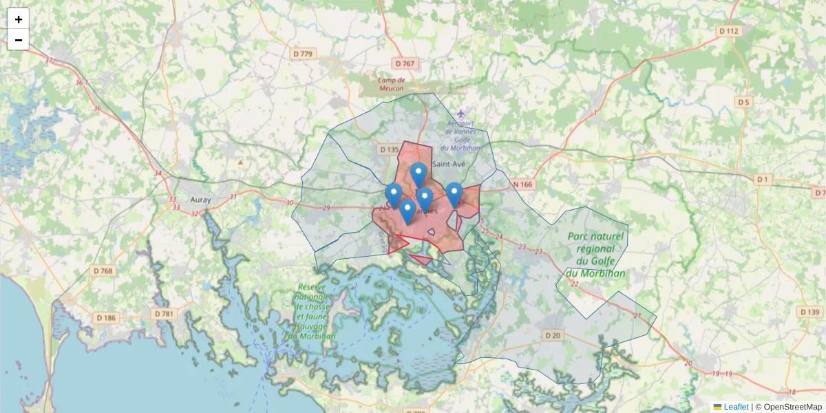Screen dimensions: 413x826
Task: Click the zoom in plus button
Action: click(x=19, y=19)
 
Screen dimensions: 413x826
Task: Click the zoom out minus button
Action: click(x=19, y=40)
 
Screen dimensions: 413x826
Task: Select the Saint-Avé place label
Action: click(x=451, y=163)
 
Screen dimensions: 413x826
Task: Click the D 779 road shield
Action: click(x=302, y=54)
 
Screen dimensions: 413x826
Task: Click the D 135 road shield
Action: click(x=389, y=149)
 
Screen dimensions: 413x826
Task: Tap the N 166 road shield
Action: click(x=523, y=184)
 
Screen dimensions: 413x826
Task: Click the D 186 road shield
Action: click(x=106, y=317)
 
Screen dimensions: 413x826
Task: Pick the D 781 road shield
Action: click(x=164, y=314)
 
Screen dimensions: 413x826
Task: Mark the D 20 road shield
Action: click(x=552, y=335)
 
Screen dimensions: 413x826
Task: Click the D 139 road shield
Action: click(x=809, y=312)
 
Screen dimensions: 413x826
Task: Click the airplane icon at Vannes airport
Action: click(x=460, y=113)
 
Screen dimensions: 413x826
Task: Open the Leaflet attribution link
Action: click(x=735, y=407)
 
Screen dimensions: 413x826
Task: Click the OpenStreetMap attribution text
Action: click(x=792, y=407)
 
